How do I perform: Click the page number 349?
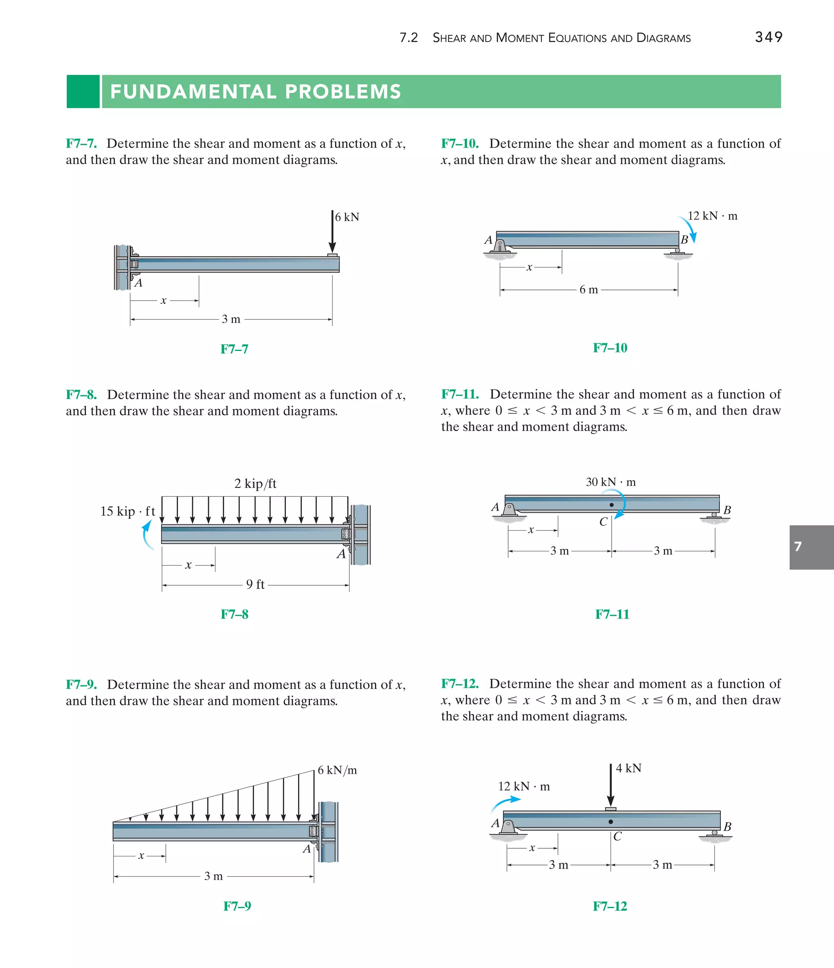(x=768, y=37)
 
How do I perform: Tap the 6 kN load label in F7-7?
(x=347, y=217)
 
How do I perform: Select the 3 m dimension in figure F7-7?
(x=231, y=320)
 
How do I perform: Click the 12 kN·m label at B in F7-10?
(x=712, y=216)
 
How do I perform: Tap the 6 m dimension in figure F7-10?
(x=588, y=290)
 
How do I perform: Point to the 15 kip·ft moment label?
(x=127, y=511)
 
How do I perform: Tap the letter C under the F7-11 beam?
(x=603, y=522)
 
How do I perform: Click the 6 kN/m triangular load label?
(x=337, y=770)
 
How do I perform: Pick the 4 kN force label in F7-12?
(x=628, y=768)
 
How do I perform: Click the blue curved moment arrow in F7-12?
(x=505, y=804)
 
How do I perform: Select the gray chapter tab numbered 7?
(x=811, y=547)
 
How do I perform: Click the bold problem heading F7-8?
(x=81, y=395)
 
